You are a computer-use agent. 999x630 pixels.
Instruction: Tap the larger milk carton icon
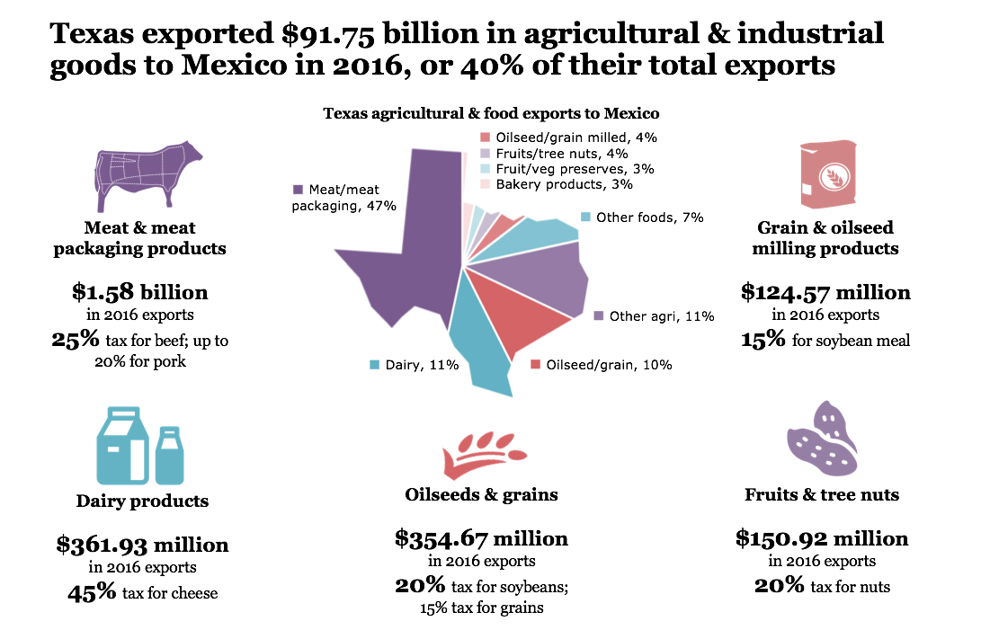click(121, 446)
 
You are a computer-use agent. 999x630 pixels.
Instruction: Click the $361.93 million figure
click(142, 545)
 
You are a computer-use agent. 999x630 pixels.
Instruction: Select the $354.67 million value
click(481, 538)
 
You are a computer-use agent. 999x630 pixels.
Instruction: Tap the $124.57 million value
click(825, 292)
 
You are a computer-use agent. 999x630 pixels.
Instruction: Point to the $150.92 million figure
click(822, 538)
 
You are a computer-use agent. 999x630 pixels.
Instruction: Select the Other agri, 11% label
click(661, 316)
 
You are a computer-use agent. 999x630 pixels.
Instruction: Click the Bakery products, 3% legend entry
click(564, 184)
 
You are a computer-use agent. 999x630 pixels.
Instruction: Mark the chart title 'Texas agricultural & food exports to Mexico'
click(491, 114)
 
